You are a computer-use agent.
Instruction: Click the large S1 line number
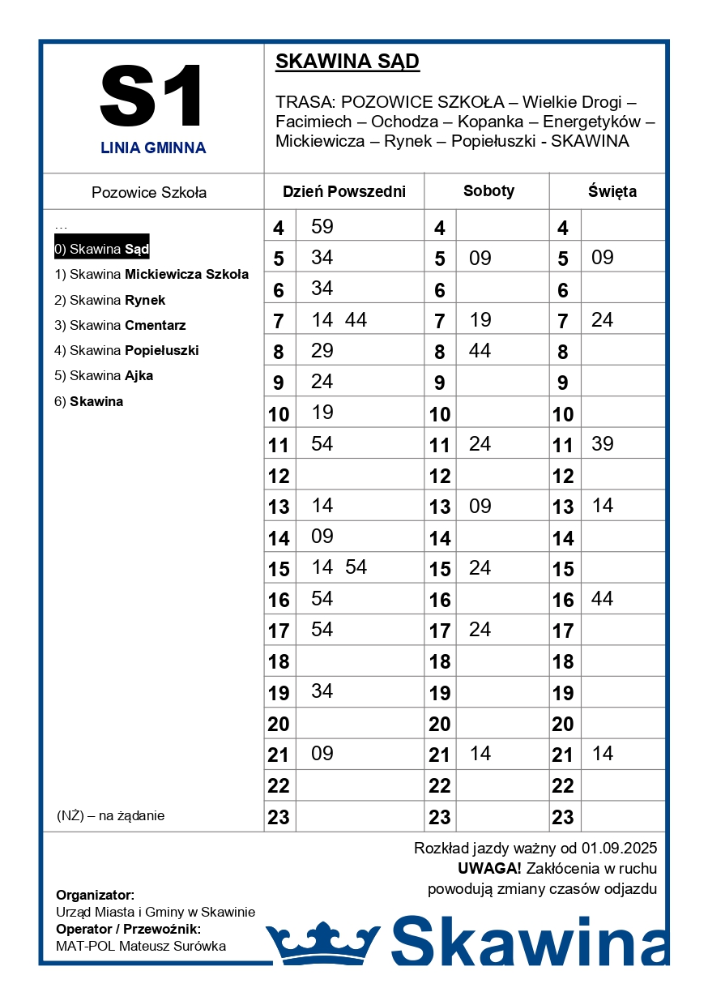coord(152,96)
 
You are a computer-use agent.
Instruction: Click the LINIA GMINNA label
coord(153,148)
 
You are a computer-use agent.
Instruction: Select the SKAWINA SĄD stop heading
coord(348,62)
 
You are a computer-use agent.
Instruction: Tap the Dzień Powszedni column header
coord(343,192)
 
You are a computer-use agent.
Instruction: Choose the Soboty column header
coord(488,191)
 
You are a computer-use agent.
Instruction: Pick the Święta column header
coord(612,192)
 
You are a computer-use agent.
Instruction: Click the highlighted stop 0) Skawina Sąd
coord(102,249)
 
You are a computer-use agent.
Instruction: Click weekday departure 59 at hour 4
coord(322,227)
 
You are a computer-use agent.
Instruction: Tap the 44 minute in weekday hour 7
coord(356,320)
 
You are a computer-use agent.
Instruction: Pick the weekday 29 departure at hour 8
coord(322,351)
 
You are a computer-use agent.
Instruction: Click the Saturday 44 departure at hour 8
coord(480,351)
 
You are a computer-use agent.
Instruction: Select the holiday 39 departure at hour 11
coord(603,444)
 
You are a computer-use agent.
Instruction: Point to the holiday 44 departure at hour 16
coord(603,599)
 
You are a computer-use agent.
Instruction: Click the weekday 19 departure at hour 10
coord(322,413)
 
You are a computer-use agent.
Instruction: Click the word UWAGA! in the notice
coord(489,869)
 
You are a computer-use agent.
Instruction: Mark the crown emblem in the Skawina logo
coord(323,943)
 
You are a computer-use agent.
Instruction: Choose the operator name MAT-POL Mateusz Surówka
coord(141,946)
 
